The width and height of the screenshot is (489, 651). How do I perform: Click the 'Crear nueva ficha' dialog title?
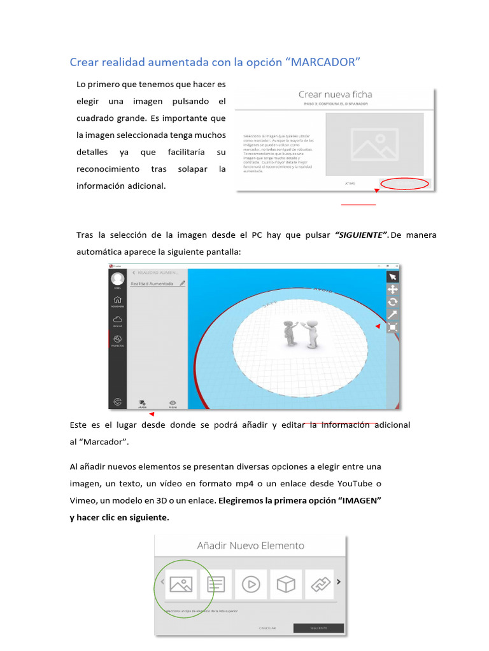tap(336, 95)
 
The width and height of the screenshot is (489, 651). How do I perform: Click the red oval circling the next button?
tap(404, 184)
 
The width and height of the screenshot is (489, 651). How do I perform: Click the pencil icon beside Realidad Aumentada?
tap(183, 283)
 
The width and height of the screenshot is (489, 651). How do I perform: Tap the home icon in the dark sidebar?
tap(117, 300)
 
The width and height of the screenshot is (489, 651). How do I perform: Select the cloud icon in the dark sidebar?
tap(117, 320)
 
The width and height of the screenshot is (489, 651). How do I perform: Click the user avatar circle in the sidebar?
tap(117, 278)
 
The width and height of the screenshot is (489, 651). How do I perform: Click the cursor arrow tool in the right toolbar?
tap(393, 277)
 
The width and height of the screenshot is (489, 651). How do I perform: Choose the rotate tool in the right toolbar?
tap(393, 302)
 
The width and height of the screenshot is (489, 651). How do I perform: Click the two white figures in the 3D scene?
tap(301, 332)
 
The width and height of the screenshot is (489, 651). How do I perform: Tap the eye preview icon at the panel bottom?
tap(173, 403)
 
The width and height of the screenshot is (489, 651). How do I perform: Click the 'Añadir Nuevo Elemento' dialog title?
tap(250, 545)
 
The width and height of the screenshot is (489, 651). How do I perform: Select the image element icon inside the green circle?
tap(181, 584)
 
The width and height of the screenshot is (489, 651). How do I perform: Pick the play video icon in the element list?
tap(251, 584)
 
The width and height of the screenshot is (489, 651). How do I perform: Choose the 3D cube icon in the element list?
tap(286, 584)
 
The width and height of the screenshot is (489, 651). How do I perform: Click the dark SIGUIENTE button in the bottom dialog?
tap(318, 628)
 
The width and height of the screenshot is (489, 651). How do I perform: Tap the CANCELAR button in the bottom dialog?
tap(267, 628)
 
